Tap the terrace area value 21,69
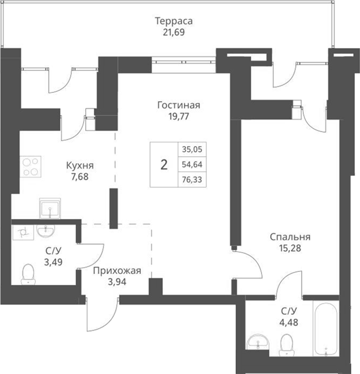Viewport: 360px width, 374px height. tap(173, 32)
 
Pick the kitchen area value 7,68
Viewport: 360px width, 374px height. tap(79, 176)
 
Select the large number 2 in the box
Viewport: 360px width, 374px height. tap(164, 165)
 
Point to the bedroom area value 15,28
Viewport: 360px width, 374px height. tap(290, 248)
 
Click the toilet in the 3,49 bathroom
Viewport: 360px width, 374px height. tap(28, 274)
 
